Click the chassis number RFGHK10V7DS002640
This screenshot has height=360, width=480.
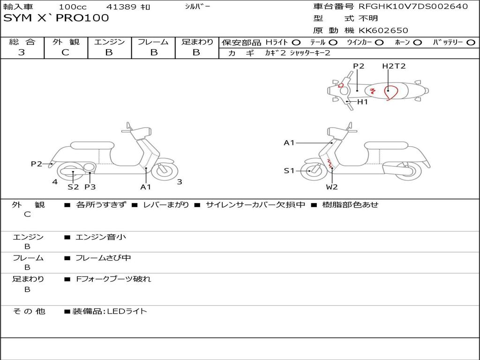413,6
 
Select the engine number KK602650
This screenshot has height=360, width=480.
383,30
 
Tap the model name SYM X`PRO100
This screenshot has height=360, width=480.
56,18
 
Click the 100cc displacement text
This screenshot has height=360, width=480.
73,7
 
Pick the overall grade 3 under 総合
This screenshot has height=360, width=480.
22,52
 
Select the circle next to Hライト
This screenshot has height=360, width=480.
296,43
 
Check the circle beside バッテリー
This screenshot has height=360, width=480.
471,43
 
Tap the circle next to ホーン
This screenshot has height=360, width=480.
417,43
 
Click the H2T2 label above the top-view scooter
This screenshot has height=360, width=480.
394,66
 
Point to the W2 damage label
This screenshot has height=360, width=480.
331,187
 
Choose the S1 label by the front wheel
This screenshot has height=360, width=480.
289,171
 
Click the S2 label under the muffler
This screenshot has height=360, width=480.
73,187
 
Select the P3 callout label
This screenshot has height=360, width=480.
90,187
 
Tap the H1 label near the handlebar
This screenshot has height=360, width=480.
362,102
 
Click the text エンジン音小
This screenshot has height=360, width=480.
101,237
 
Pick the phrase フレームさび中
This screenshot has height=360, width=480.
103,258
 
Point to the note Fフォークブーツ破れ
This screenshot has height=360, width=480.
113,279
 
